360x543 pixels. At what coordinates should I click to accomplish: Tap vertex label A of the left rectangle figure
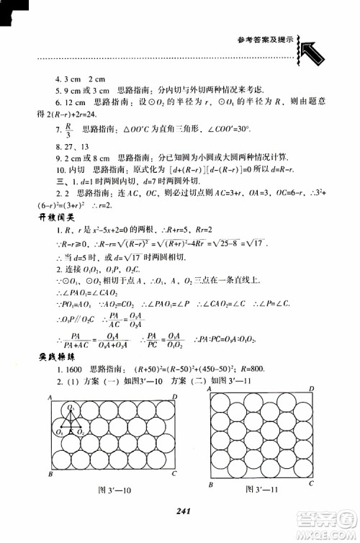point(45,397)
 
